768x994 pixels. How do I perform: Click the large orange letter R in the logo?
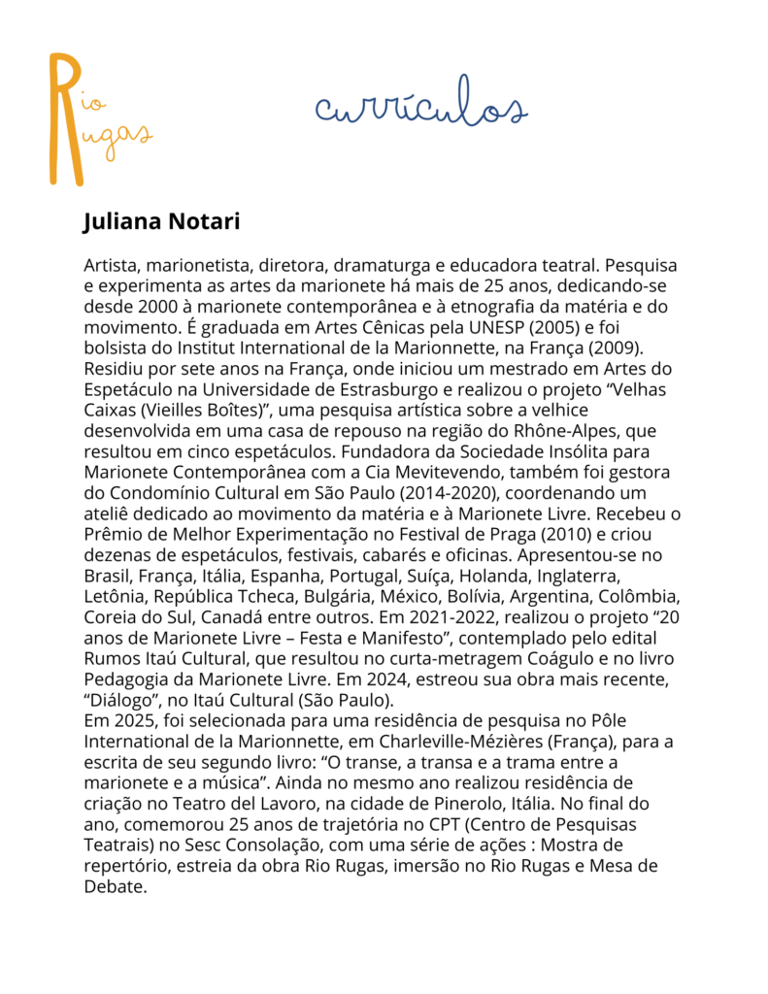(66, 116)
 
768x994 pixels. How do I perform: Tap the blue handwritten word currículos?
(420, 110)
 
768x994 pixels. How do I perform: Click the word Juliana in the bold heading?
(123, 222)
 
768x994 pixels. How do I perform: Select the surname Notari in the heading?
(205, 222)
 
